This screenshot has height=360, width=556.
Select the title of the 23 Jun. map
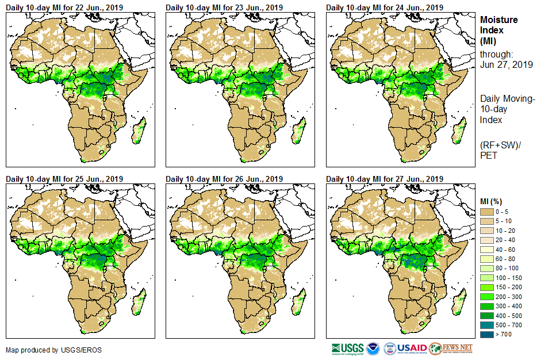tap(224, 7)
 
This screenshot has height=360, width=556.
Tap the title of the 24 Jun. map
tap(385, 7)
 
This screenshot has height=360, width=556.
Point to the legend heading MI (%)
tap(492, 201)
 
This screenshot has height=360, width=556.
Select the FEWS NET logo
tap(451, 348)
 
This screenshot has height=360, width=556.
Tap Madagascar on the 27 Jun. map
tap(458, 302)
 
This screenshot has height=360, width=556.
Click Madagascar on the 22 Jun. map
tap(138, 132)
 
